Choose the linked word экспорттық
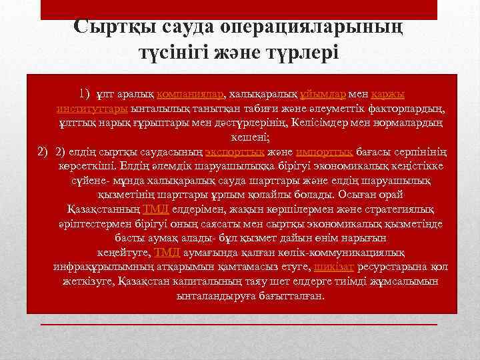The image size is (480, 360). (x=203, y=151)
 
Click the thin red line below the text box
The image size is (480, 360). (x=239, y=325)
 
